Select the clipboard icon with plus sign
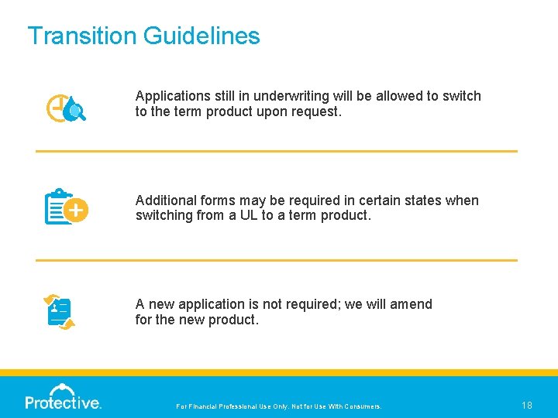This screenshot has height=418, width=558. point(66,207)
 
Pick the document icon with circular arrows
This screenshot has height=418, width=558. point(60,312)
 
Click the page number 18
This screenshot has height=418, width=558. point(527,405)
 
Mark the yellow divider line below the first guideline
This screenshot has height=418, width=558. point(276,151)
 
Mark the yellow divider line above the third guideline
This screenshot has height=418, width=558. point(276,260)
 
